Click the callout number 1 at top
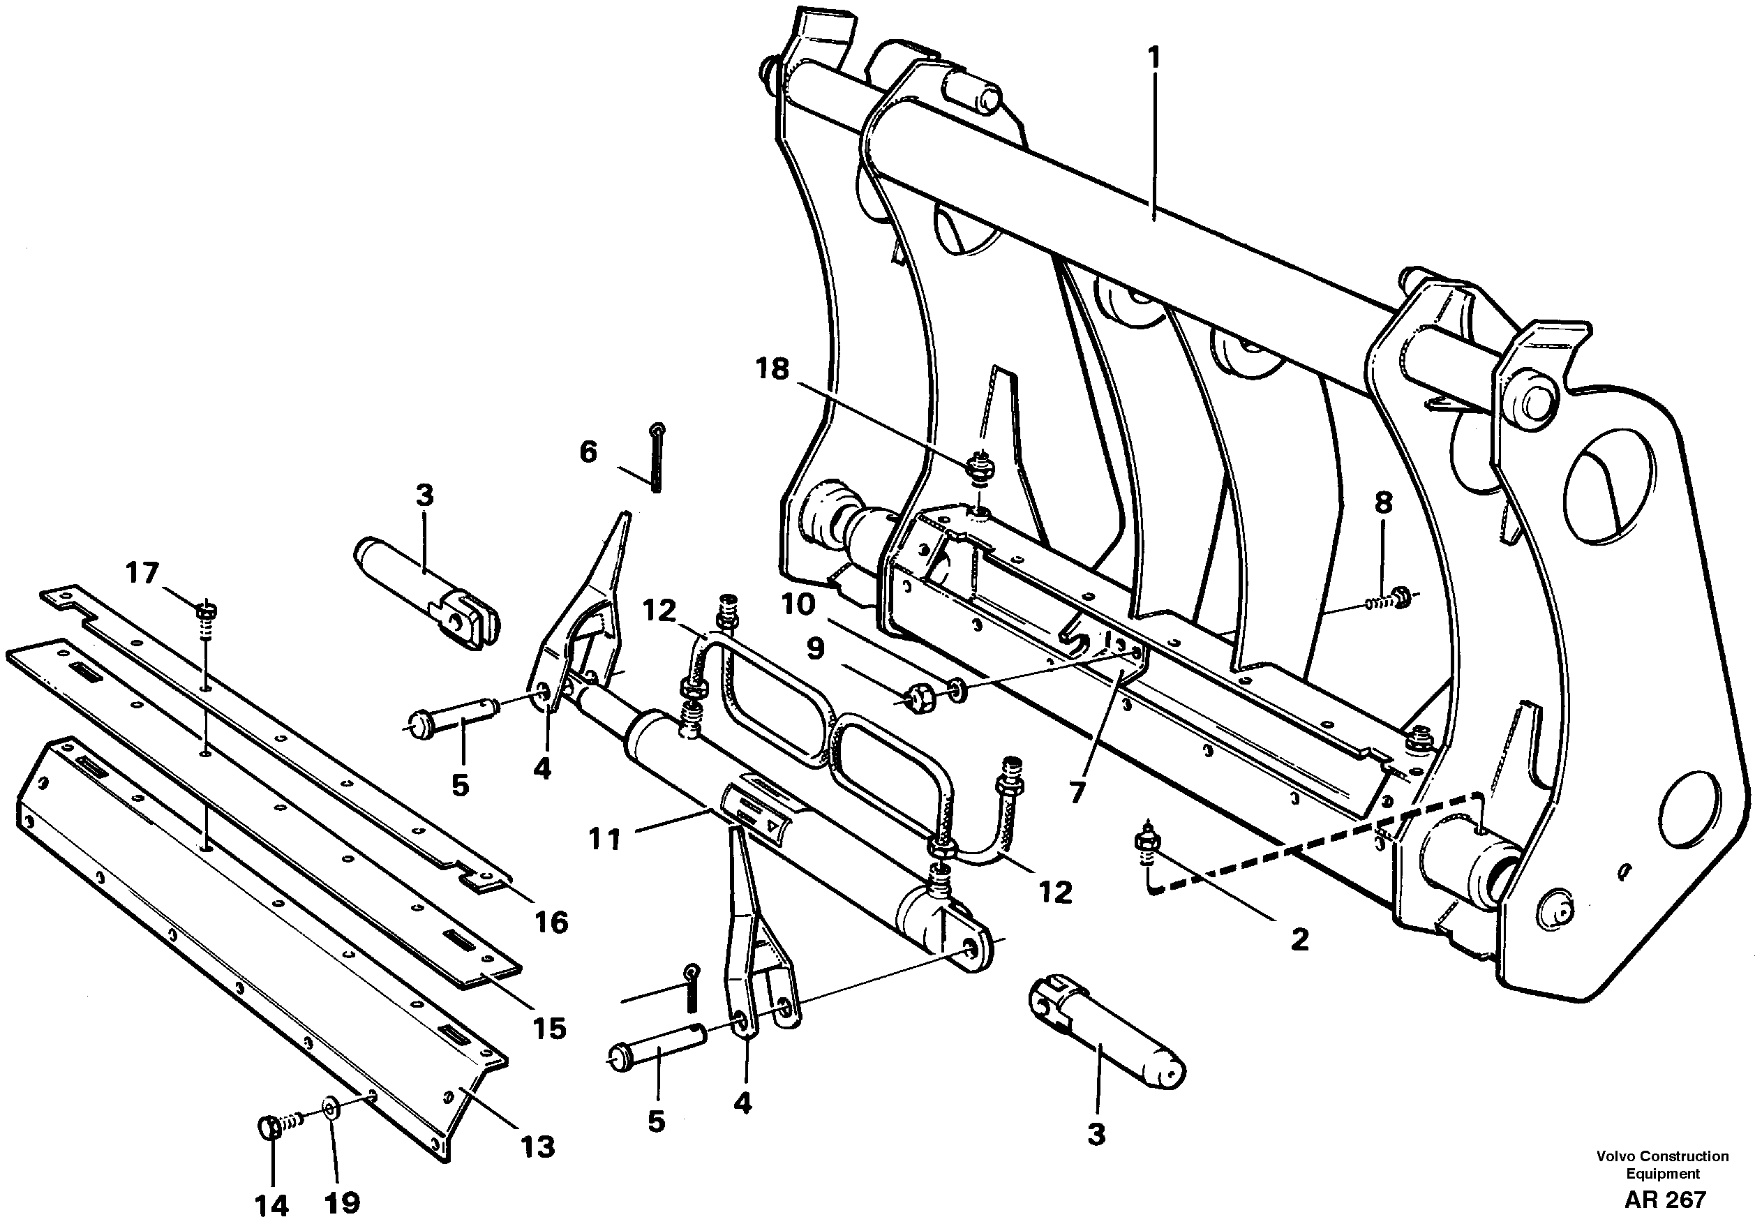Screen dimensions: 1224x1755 [x=1153, y=58]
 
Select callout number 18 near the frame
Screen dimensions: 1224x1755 [x=771, y=369]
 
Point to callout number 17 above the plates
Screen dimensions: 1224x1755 [x=142, y=573]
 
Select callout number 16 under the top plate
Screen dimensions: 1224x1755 [x=551, y=922]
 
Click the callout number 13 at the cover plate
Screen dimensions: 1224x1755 [x=537, y=1146]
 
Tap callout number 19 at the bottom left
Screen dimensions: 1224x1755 [x=342, y=1202]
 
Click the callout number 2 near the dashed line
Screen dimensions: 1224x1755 [x=1299, y=939]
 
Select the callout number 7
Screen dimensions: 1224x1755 [x=1077, y=793]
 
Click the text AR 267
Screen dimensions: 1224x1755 [x=1665, y=1200]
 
